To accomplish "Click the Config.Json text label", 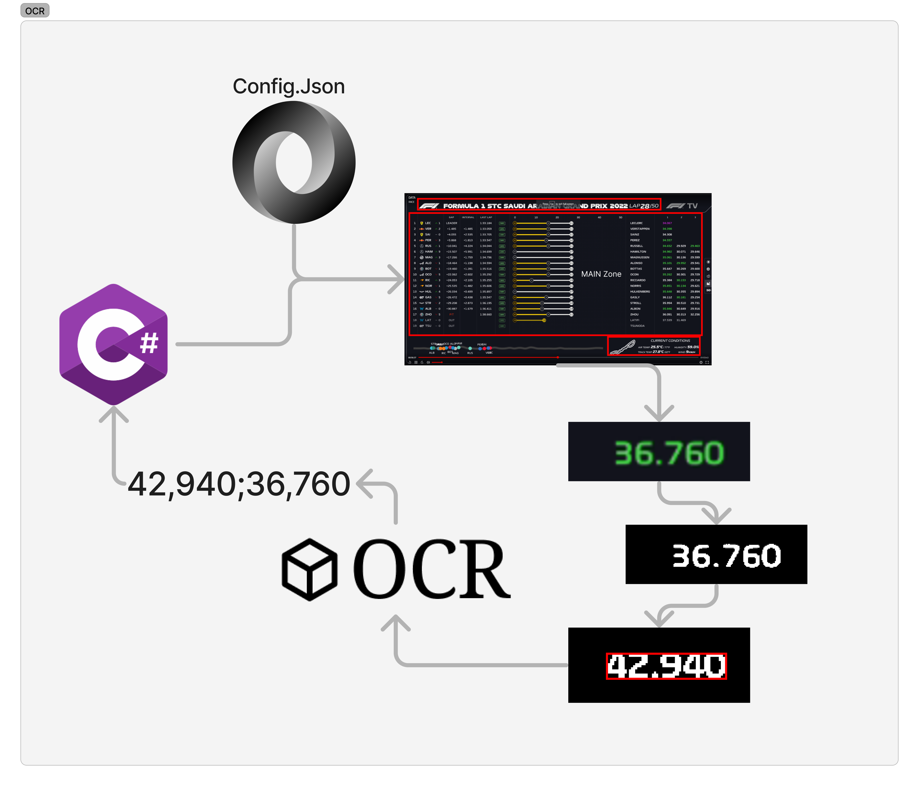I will pyautogui.click(x=289, y=86).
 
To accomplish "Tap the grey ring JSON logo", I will pyautogui.click(x=294, y=162).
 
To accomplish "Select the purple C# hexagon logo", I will pyautogui.click(x=114, y=344).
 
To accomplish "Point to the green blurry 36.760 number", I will pyautogui.click(x=669, y=453).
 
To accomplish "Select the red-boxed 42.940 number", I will pyautogui.click(x=666, y=665).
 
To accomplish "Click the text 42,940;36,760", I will pyautogui.click(x=239, y=484).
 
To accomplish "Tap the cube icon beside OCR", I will pyautogui.click(x=309, y=570).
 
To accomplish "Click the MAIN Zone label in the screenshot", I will pyautogui.click(x=601, y=274).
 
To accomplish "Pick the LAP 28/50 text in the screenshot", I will pyautogui.click(x=644, y=206).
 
